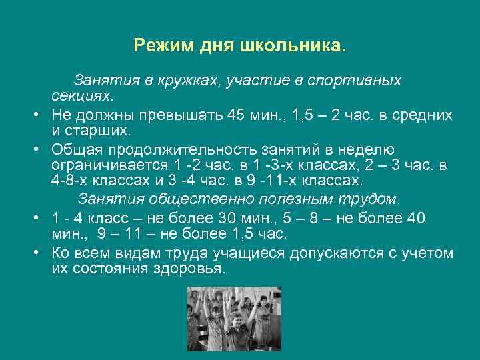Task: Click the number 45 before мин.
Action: pos(237,115)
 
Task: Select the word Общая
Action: pos(74,149)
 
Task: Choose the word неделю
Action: pos(367,149)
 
